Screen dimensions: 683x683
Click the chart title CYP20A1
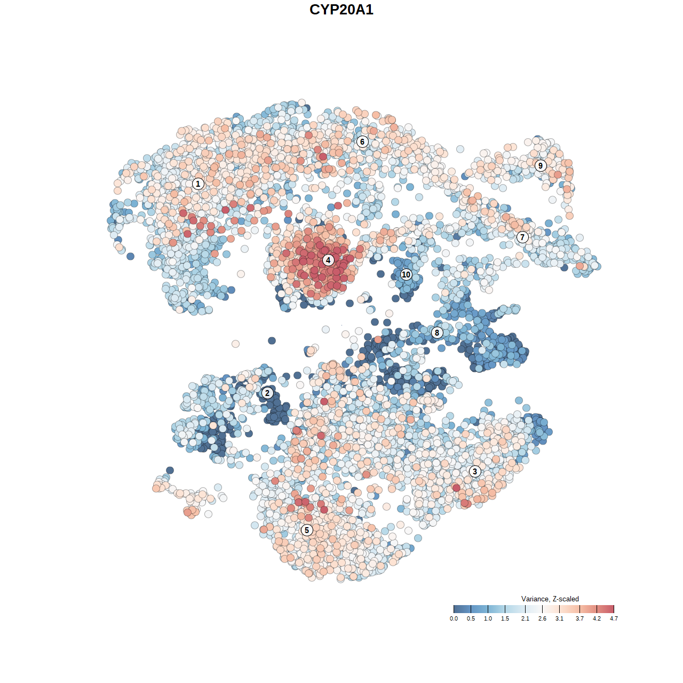(341, 10)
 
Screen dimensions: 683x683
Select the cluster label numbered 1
(198, 184)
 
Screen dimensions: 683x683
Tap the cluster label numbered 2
(267, 393)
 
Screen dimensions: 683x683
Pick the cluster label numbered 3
(475, 471)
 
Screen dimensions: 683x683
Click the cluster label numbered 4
(328, 260)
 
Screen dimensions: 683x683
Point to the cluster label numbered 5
(307, 530)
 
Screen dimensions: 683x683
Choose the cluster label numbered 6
(362, 141)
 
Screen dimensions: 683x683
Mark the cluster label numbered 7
(522, 237)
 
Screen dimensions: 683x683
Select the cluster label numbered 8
(437, 332)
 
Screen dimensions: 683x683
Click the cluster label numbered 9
(541, 165)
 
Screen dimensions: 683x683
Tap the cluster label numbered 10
(406, 274)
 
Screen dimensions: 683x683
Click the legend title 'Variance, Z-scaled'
(550, 599)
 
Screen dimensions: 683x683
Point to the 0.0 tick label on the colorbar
(454, 618)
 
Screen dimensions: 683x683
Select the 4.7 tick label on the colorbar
(614, 618)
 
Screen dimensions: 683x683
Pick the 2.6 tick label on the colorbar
(542, 618)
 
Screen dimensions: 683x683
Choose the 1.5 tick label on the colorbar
(505, 618)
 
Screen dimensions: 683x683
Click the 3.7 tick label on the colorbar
(579, 618)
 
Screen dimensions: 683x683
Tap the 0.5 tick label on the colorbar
(471, 618)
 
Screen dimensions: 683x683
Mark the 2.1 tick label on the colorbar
(525, 618)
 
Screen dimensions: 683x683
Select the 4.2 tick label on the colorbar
(597, 618)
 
